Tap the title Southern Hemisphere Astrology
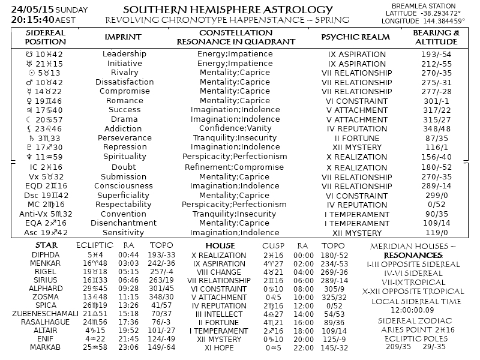tap(227, 10)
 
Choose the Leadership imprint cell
tap(125, 54)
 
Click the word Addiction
tap(123, 128)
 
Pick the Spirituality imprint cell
tap(124, 157)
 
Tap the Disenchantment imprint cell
tap(124, 223)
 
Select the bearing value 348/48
tap(436, 128)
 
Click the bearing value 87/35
tap(436, 138)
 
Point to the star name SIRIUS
tap(46, 280)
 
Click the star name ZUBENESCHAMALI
tap(46, 313)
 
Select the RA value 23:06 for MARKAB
tap(128, 347)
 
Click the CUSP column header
tap(274, 246)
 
